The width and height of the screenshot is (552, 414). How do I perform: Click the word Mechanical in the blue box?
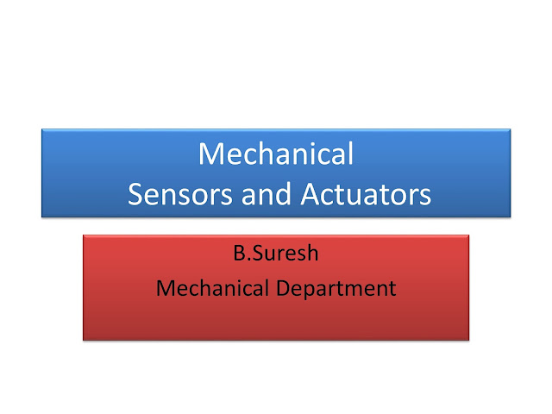click(276, 154)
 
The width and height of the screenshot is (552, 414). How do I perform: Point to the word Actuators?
click(366, 195)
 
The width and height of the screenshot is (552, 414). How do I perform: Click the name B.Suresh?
click(276, 256)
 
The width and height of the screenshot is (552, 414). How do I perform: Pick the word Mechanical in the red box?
click(213, 287)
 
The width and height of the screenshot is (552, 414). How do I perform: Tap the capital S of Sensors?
click(136, 195)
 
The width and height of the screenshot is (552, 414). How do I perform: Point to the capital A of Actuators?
click(311, 195)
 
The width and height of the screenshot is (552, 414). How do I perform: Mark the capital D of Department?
click(285, 287)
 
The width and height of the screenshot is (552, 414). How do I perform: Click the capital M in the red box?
click(165, 287)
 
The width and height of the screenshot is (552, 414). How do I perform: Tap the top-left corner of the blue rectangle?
click(41, 129)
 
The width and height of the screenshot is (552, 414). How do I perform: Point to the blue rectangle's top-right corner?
click(511, 129)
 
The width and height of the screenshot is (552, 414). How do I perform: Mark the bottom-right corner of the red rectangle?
click(469, 340)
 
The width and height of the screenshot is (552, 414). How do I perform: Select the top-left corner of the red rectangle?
click(83, 235)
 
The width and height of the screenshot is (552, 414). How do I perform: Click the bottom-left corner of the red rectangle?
click(83, 340)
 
